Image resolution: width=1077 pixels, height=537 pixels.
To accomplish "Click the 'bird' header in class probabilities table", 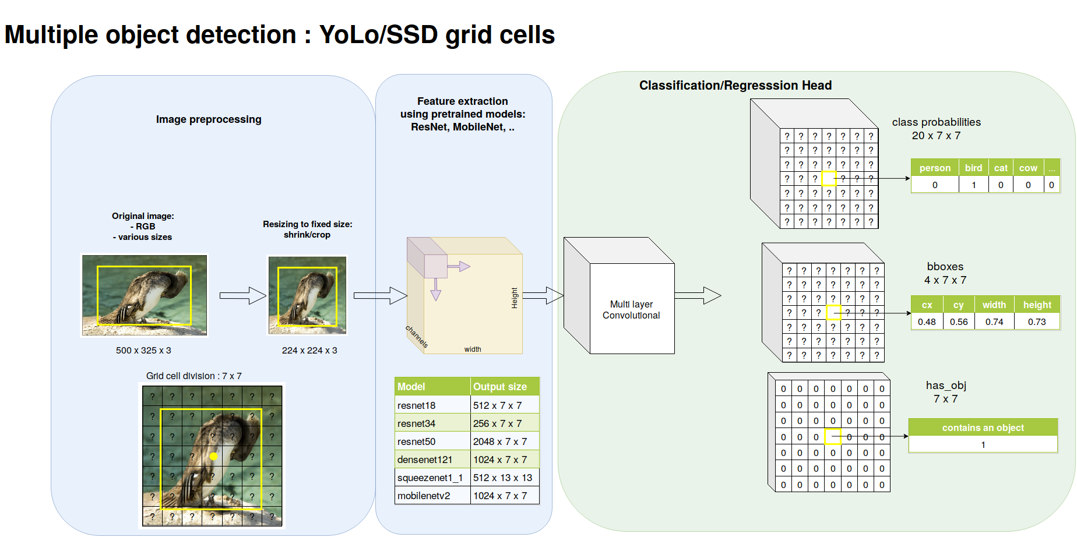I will [x=973, y=168].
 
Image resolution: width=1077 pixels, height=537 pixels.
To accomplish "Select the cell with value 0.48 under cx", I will [x=927, y=322].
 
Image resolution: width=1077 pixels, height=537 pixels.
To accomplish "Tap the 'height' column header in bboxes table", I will [x=1037, y=305].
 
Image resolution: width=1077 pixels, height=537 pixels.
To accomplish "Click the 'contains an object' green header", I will [x=983, y=428].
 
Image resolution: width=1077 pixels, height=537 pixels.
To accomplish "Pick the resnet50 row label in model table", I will [x=417, y=441].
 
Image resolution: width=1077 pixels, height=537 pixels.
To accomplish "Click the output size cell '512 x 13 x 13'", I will [x=502, y=478].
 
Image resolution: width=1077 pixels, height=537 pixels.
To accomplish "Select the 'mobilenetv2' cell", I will [x=424, y=496].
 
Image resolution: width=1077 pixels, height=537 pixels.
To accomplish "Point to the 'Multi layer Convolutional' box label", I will [x=631, y=310].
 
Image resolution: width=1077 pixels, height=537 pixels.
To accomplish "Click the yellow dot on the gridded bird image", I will [x=214, y=456].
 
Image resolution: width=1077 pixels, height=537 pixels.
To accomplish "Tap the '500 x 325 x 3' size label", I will [x=143, y=350].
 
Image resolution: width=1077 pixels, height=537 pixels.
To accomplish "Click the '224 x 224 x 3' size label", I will [x=309, y=350].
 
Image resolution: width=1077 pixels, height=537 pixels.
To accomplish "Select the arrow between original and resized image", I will [x=242, y=295].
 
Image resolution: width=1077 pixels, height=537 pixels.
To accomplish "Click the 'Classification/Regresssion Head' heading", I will [x=735, y=86].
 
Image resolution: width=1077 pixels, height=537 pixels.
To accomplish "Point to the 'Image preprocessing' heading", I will [x=209, y=119].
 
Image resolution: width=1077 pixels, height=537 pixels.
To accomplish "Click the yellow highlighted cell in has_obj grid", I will [x=832, y=436].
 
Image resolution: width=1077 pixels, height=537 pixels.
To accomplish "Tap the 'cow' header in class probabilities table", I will [x=1028, y=168].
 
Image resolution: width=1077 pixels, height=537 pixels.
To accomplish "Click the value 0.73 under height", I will [x=1037, y=322].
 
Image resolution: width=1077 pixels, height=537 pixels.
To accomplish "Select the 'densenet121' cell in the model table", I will [x=425, y=460].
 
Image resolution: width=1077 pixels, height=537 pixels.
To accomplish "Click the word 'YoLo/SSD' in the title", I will [x=378, y=35].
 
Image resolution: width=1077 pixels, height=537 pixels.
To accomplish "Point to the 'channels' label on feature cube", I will [x=417, y=337].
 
